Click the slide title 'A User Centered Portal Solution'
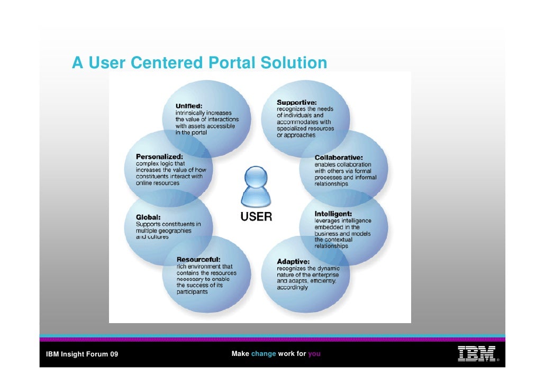click(x=199, y=63)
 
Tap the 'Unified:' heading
click(x=189, y=106)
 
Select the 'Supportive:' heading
click(x=297, y=102)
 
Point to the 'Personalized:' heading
click(x=159, y=157)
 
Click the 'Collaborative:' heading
click(x=339, y=158)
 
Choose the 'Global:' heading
click(x=149, y=217)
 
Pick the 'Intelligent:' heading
click(x=333, y=214)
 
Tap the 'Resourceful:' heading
click(x=198, y=260)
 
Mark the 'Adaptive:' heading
click(x=294, y=261)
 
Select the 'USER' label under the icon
click(x=257, y=217)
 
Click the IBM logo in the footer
click(x=476, y=354)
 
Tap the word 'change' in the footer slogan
click(x=264, y=354)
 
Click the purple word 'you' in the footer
click(x=314, y=354)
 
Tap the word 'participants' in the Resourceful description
click(x=192, y=292)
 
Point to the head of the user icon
click(x=257, y=176)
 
